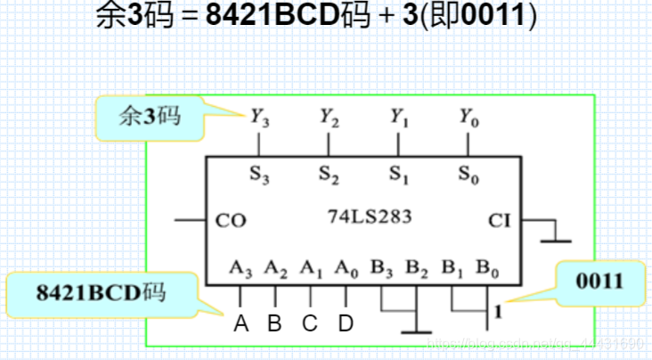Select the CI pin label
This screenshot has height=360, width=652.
[500, 220]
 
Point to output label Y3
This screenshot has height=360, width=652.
[259, 116]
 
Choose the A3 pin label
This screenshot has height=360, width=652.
[240, 266]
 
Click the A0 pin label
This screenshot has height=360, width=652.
[346, 266]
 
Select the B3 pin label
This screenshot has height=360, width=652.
[381, 266]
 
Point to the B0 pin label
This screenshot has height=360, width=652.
[486, 266]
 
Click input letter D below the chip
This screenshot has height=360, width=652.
[346, 323]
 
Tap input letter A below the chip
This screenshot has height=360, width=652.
[240, 323]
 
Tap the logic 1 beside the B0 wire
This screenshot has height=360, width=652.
[499, 313]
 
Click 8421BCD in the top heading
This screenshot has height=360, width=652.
[267, 16]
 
